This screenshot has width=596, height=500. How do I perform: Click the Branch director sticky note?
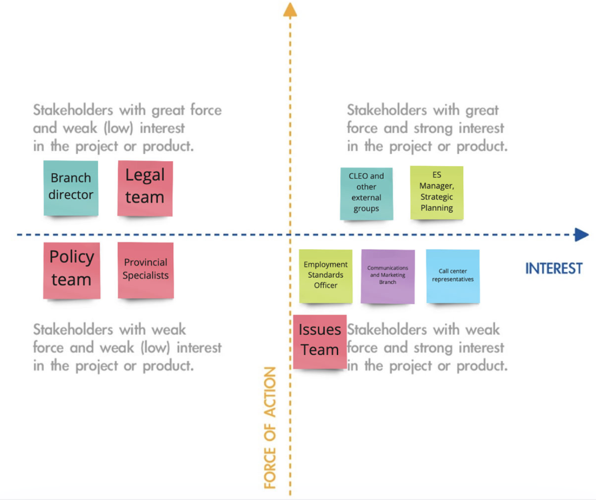pos(71,188)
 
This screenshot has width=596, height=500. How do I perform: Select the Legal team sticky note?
pos(145,188)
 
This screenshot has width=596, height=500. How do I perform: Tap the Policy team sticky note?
pos(72,270)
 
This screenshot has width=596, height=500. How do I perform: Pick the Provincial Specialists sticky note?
pos(146,270)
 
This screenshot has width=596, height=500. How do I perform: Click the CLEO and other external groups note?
pos(366,194)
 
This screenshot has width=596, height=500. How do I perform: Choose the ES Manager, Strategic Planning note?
pos(437,192)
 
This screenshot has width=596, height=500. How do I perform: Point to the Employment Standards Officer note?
pos(326,276)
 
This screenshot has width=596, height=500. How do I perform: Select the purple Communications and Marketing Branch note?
pos(388,276)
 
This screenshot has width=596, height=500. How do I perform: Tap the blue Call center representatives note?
pos(453,276)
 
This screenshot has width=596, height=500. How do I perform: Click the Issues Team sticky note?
pos(320,342)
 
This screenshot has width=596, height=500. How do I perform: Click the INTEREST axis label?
pos(553,269)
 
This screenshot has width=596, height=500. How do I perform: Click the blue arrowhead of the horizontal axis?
pos(582,235)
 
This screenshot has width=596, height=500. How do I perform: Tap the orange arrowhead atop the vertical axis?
pos(290,10)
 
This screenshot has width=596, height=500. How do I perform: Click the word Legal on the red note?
pos(145,175)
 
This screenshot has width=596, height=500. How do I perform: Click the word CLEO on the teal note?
pos(358,176)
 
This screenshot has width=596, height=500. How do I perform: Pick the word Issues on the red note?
pos(320,330)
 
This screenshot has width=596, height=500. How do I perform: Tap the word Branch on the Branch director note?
pos(71,178)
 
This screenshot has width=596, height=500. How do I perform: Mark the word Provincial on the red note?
pos(146,262)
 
